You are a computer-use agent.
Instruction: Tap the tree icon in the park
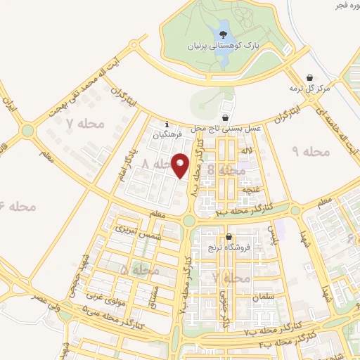(x=223, y=33)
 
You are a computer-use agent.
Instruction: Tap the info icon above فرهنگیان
(x=167, y=122)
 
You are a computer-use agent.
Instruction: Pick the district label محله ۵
(x=134, y=269)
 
